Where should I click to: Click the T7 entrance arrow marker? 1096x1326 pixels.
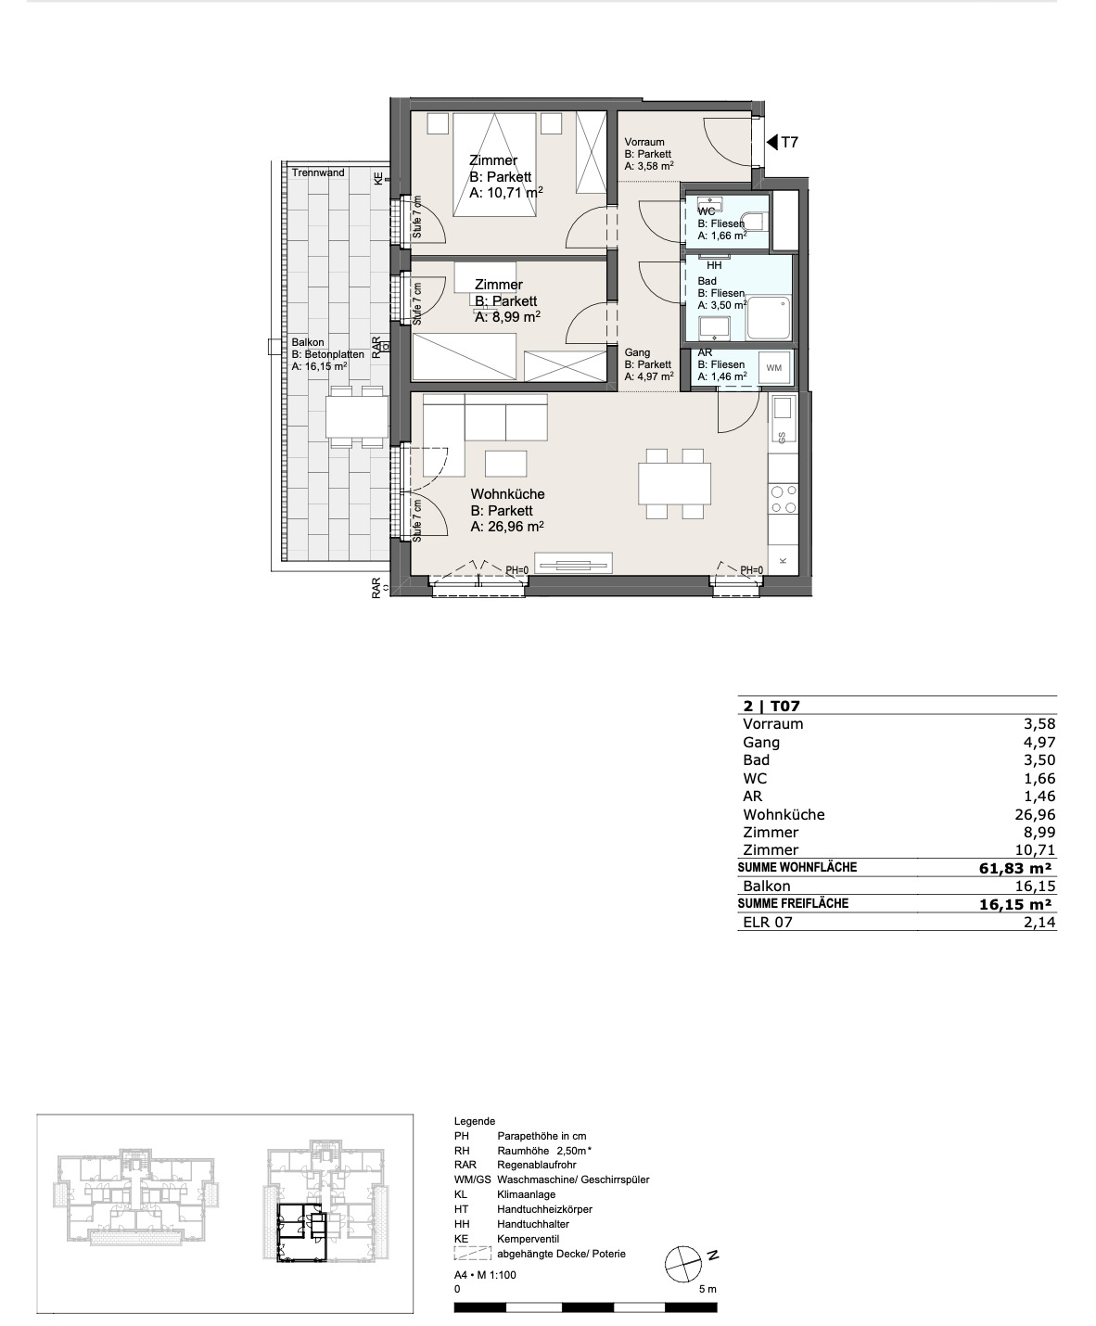(x=771, y=142)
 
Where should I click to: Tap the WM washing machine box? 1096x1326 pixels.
(x=773, y=368)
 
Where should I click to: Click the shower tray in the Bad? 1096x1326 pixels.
(x=769, y=318)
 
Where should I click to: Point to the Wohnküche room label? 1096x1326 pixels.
(x=507, y=494)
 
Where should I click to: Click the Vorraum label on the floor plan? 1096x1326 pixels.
(x=644, y=142)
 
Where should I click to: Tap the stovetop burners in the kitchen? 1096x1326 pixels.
(x=783, y=499)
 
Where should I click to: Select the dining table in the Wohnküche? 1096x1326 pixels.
(x=674, y=483)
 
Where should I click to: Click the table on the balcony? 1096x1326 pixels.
(x=357, y=416)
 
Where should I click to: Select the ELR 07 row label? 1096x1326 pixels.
(x=768, y=922)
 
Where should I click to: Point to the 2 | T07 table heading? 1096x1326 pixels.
(x=771, y=707)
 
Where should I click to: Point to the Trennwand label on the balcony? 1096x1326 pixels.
(x=318, y=172)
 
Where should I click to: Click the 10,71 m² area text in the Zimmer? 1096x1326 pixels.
(x=506, y=193)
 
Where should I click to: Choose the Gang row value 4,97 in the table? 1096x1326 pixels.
(x=1040, y=742)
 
